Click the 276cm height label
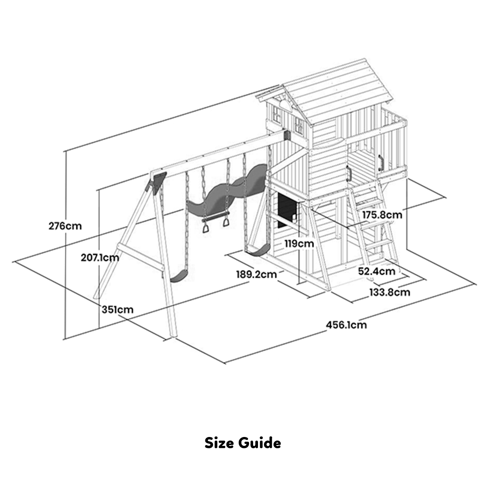[x=65, y=226]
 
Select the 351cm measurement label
[x=117, y=310]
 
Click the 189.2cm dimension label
[x=257, y=274]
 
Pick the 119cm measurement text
[x=298, y=243]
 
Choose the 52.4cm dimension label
[x=376, y=271]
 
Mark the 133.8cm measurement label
[x=389, y=292]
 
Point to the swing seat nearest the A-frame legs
[x=179, y=276]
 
